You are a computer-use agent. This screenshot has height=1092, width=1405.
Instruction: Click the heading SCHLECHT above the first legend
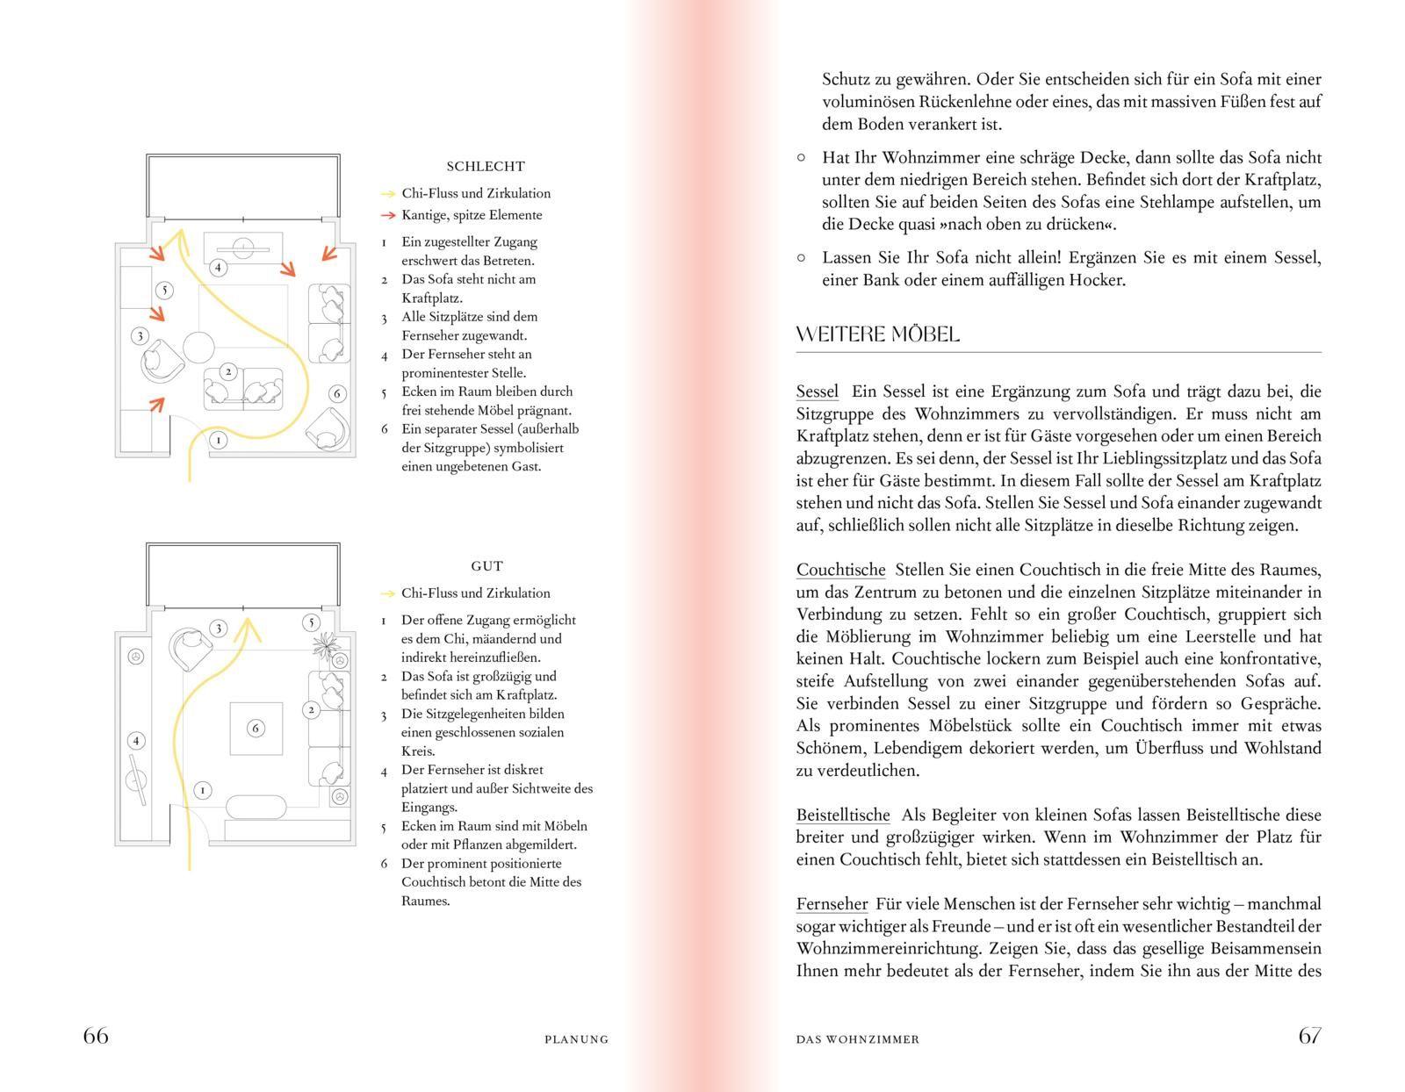(485, 166)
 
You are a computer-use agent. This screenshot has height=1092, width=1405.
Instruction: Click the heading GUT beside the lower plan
(486, 566)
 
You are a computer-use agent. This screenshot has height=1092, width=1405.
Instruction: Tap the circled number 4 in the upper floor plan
(217, 267)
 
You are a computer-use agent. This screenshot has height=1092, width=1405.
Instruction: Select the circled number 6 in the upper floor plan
(336, 393)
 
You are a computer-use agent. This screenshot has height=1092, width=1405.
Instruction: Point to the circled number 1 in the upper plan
(217, 440)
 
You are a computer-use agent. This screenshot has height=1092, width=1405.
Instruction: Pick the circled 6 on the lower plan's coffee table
(256, 728)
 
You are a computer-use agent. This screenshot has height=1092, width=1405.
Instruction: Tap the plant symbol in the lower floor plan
(325, 645)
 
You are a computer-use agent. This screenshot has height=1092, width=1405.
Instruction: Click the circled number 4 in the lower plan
(135, 741)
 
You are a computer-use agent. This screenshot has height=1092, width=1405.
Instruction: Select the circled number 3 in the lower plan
(219, 628)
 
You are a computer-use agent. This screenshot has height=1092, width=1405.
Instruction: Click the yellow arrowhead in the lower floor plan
(248, 624)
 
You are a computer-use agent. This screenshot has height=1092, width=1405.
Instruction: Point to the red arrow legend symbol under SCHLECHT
(387, 215)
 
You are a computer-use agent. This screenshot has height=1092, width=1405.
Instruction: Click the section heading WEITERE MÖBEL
(877, 334)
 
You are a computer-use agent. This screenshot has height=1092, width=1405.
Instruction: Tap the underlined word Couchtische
(840, 570)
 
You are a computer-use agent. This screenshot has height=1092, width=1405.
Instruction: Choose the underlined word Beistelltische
(843, 815)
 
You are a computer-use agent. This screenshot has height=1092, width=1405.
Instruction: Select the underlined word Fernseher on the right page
(832, 904)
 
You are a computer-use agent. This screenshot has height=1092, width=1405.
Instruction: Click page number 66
(96, 1036)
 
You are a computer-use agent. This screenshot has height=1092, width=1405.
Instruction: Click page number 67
(1309, 1036)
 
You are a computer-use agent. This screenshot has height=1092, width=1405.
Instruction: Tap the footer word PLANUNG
(576, 1039)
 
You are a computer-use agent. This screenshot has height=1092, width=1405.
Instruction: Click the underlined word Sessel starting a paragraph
(817, 392)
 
